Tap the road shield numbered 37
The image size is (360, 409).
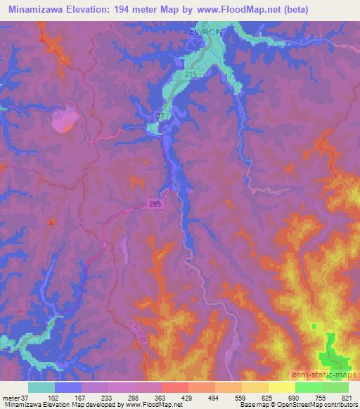tap(160, 116)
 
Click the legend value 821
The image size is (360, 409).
tap(347, 398)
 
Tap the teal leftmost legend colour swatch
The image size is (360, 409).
tap(41, 387)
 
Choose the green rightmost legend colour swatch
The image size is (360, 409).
tap(335, 387)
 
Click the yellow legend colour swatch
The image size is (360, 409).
tap(281, 387)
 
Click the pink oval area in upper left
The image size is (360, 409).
tap(64, 117)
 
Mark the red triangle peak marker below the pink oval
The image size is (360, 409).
tap(51, 222)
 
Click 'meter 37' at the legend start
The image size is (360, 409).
tap(15, 398)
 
